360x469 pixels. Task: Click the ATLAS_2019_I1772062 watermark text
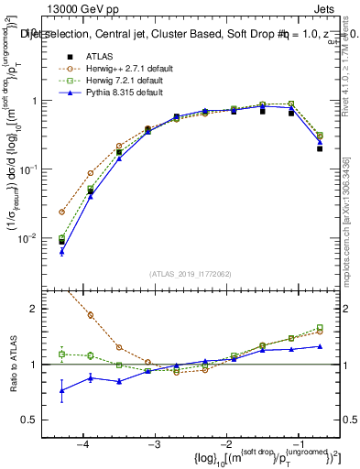tap(191, 273)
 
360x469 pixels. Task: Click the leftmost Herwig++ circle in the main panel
tap(61, 212)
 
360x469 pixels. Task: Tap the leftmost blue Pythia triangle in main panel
tap(61, 251)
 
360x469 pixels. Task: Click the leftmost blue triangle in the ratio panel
tap(61, 390)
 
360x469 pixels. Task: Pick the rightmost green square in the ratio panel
tap(320, 327)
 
